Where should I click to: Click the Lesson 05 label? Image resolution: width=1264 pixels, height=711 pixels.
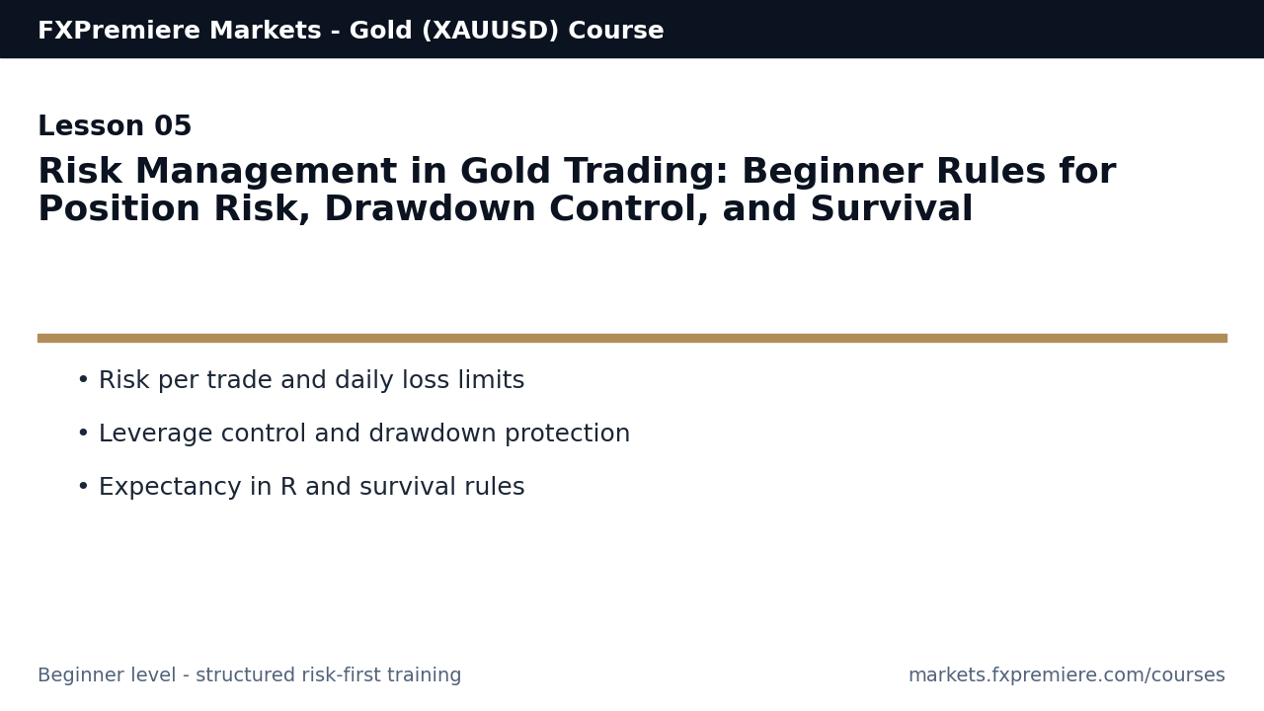tap(115, 127)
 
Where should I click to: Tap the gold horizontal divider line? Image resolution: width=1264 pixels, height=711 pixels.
tap(632, 338)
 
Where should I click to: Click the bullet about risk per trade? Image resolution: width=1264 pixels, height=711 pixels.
tap(311, 381)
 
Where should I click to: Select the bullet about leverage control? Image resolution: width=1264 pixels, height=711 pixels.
tap(363, 434)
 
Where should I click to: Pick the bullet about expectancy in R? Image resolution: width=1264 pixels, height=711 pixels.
tap(311, 488)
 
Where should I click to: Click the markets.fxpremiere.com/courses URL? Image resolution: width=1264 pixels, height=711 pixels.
tap(1066, 675)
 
